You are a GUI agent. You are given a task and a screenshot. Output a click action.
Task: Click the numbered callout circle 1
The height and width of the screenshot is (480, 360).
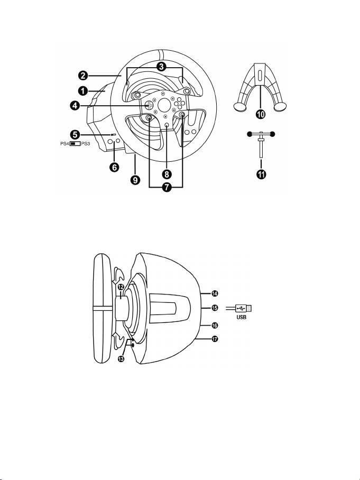(82, 90)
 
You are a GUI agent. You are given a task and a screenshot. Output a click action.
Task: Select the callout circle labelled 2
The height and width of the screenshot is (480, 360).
(82, 75)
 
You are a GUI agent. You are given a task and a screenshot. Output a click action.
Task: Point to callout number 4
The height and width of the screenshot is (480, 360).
(75, 106)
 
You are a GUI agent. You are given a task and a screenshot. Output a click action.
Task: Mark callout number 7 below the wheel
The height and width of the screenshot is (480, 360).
(166, 188)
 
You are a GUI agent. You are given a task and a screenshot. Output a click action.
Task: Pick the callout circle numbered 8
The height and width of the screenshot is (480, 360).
(166, 174)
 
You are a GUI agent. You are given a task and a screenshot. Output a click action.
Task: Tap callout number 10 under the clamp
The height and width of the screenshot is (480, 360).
(261, 115)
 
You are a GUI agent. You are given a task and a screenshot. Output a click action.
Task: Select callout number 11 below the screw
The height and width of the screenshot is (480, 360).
(261, 174)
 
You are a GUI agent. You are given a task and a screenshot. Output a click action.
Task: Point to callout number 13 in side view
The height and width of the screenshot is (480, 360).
(121, 359)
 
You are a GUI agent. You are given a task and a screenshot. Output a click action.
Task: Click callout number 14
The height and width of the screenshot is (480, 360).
(215, 293)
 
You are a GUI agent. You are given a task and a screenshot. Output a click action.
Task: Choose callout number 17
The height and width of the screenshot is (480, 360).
(215, 339)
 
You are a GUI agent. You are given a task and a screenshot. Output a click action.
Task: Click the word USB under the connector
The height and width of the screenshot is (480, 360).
(242, 318)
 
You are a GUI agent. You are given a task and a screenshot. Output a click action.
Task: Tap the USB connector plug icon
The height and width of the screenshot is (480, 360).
(244, 308)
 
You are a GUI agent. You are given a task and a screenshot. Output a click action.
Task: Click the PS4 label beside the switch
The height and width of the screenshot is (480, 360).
(64, 144)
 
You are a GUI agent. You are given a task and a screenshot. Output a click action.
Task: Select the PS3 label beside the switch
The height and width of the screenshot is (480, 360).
(86, 144)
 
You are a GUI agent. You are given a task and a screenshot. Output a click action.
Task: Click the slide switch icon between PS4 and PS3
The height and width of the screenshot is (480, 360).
(75, 144)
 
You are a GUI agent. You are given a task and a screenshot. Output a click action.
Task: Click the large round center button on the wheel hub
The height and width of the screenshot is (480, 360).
(164, 104)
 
